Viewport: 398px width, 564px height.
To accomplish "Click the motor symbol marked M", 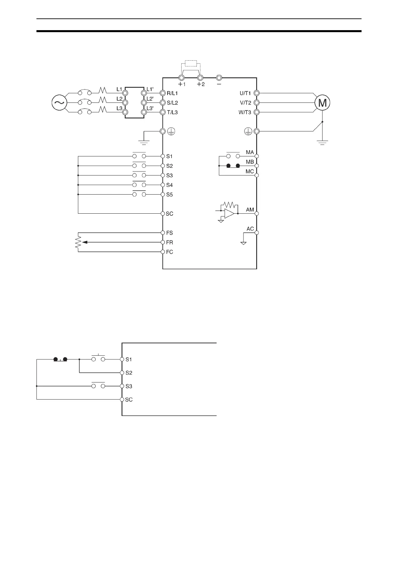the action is click(x=322, y=103).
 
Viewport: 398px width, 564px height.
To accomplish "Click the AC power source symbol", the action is click(x=59, y=102).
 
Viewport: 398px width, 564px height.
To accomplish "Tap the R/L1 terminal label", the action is click(x=172, y=93).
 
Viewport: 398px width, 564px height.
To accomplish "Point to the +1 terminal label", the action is click(x=182, y=84).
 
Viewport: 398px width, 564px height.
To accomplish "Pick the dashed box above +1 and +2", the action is click(x=191, y=64).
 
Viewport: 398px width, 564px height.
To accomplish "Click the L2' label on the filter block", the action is click(x=150, y=99).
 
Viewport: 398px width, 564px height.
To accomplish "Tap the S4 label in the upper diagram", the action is click(x=169, y=185).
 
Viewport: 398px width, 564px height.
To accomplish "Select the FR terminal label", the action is click(x=170, y=242).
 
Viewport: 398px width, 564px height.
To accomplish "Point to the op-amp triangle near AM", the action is click(x=229, y=213).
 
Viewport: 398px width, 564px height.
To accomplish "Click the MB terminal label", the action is click(x=250, y=162).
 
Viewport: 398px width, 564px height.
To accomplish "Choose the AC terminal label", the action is click(x=250, y=229).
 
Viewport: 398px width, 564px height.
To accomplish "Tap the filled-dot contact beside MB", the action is click(x=233, y=166).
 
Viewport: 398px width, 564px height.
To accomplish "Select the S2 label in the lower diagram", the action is click(x=129, y=373).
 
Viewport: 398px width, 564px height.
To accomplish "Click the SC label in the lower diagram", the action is click(x=129, y=400).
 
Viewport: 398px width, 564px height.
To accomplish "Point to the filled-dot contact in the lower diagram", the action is click(x=61, y=359).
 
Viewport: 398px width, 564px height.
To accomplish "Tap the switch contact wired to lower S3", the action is click(x=98, y=386).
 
